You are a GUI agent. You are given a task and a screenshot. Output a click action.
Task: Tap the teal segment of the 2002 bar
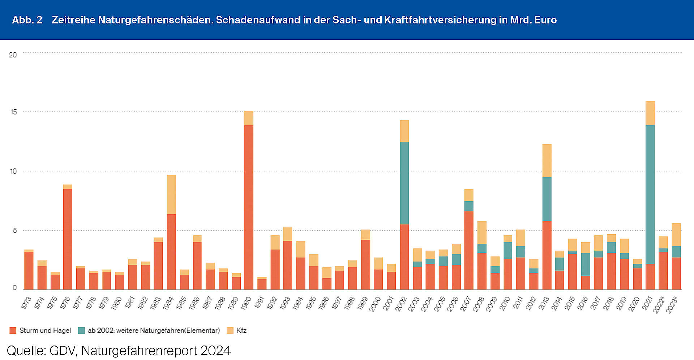(x=404, y=183)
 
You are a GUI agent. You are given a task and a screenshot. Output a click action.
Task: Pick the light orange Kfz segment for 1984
(x=171, y=194)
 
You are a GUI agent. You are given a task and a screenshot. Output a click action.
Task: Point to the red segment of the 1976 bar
(x=68, y=239)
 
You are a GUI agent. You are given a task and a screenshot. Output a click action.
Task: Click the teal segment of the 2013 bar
(x=547, y=199)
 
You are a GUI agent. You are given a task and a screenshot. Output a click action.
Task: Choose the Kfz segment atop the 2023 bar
(x=676, y=235)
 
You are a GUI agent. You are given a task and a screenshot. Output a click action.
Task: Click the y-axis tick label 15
(x=14, y=112)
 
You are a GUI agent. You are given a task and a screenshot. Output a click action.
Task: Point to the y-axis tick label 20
(x=13, y=55)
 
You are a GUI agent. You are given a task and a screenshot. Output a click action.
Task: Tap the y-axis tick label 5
(x=15, y=231)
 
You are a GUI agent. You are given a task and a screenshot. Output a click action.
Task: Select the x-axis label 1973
(x=26, y=303)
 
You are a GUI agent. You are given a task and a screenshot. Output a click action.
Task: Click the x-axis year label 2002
(x=401, y=304)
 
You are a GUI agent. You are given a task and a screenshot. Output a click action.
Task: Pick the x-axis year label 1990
(x=245, y=304)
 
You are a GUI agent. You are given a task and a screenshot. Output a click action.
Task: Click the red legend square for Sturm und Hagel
(x=13, y=330)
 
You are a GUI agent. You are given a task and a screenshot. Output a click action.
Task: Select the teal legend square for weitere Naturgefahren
(x=81, y=330)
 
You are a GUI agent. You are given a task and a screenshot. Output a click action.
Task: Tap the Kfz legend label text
(x=241, y=330)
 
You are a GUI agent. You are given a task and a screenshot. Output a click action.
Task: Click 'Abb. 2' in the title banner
(x=27, y=20)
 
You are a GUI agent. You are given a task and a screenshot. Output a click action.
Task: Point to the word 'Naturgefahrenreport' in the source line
(x=139, y=351)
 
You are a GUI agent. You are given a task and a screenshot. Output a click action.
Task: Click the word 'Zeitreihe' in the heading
(x=73, y=20)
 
